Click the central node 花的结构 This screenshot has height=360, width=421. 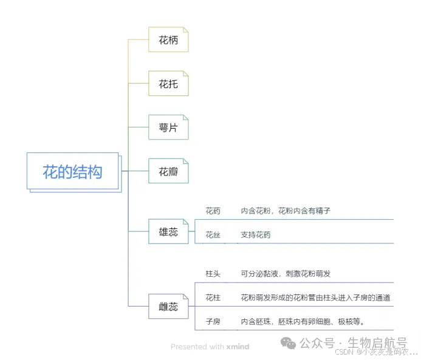[x=72, y=172]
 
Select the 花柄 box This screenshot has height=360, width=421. [x=168, y=40]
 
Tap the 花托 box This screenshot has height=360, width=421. [x=168, y=84]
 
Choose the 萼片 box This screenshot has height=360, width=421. [x=168, y=128]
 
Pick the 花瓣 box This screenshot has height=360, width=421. [x=168, y=172]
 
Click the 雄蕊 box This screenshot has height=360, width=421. [x=168, y=231]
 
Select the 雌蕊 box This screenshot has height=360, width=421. [x=168, y=307]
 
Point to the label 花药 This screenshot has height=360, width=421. [x=213, y=211]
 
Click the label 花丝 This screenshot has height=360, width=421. [x=213, y=235]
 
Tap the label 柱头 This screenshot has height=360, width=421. [x=213, y=274]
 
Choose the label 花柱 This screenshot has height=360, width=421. [x=213, y=297]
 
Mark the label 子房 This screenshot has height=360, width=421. [x=213, y=321]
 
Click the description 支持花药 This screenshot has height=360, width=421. [x=256, y=235]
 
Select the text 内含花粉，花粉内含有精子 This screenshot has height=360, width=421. [x=285, y=211]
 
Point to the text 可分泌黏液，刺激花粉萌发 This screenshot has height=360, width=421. [x=286, y=274]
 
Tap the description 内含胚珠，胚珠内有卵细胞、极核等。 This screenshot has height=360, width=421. [x=302, y=321]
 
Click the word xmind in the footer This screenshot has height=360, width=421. [x=238, y=347]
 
